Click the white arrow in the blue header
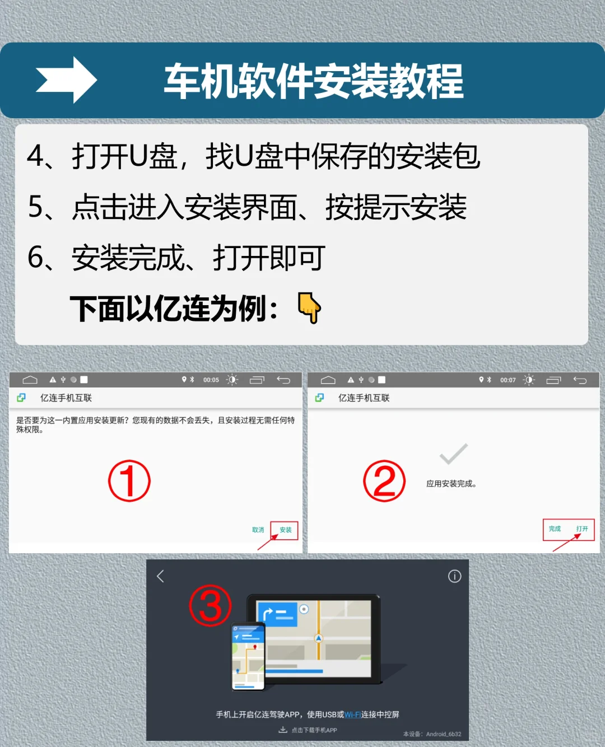click(x=66, y=80)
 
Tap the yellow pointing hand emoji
click(x=309, y=307)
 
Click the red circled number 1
click(x=129, y=481)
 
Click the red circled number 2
click(x=384, y=481)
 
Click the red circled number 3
click(x=210, y=605)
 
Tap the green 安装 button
click(x=286, y=530)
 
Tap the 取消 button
click(x=258, y=530)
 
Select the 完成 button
click(x=555, y=529)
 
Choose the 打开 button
click(x=582, y=529)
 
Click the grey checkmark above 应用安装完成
click(x=453, y=454)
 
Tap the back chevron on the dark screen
click(x=161, y=576)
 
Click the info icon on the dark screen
click(x=454, y=576)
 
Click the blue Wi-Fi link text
click(x=352, y=715)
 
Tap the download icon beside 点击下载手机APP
click(x=283, y=730)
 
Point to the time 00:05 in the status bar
click(x=211, y=380)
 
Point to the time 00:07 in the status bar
click(x=508, y=380)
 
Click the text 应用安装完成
click(x=451, y=484)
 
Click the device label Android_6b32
click(x=443, y=734)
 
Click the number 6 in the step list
click(x=35, y=258)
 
